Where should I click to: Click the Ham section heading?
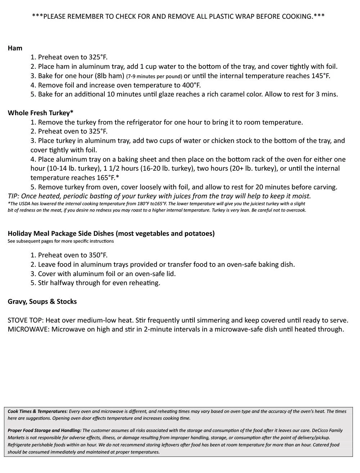[x=15, y=48]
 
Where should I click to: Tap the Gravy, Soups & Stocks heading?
[x=42, y=302]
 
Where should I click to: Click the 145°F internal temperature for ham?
[x=321, y=76]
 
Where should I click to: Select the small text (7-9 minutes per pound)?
[x=154, y=76]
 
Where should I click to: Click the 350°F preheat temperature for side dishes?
[x=98, y=255]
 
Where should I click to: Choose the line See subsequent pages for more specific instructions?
[x=60, y=241]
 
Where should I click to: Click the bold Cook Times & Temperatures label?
[x=37, y=411]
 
